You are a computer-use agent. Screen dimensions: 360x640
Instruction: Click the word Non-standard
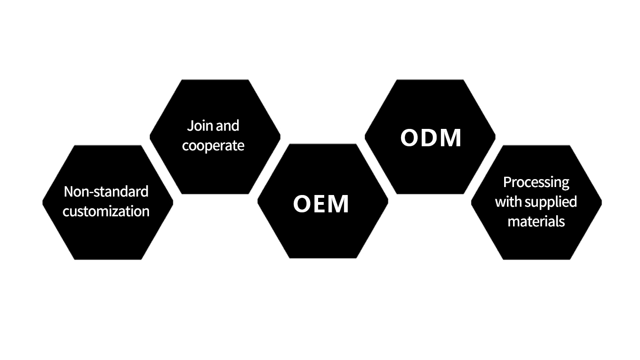coord(106,191)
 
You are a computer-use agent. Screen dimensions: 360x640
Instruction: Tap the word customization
coord(106,211)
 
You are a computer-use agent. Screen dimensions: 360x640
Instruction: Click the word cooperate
coord(213,145)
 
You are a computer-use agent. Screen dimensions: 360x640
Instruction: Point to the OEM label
coord(321,204)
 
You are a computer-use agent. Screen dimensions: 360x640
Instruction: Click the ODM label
coord(431,138)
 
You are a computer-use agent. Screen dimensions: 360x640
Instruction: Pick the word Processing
coord(536,182)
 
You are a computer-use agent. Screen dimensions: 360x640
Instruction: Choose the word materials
coord(536,221)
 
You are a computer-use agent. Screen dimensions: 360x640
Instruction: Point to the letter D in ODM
coord(430,138)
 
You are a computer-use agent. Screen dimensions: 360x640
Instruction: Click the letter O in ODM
coord(411,138)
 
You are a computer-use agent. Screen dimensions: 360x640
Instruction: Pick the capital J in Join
coord(189,126)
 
